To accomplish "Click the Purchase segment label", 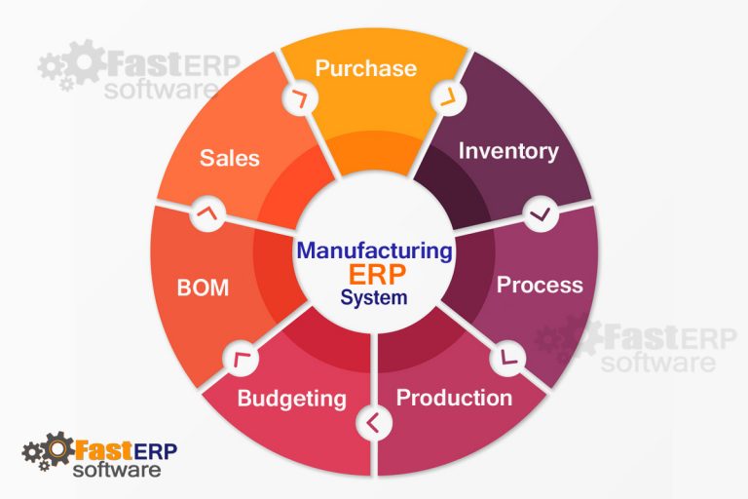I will coord(366,68).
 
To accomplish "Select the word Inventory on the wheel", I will coord(508,151).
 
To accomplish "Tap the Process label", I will coord(540,285).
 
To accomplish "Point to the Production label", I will coord(454,398).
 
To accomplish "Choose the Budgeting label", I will coord(291,398).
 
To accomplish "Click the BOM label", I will coord(203,288).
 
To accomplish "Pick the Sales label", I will coord(230,157).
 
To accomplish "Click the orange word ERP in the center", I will coord(375,275).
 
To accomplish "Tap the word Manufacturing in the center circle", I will coord(375,250).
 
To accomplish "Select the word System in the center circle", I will coord(374,298).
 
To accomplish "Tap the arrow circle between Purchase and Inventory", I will coord(447,96).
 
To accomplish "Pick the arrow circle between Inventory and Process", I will coord(540,213).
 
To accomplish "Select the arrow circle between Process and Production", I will coord(508,358).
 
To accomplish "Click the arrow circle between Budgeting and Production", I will coord(374,422).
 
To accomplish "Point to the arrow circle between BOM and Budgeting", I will coord(240,358).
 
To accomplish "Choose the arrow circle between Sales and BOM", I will coord(206,213).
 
